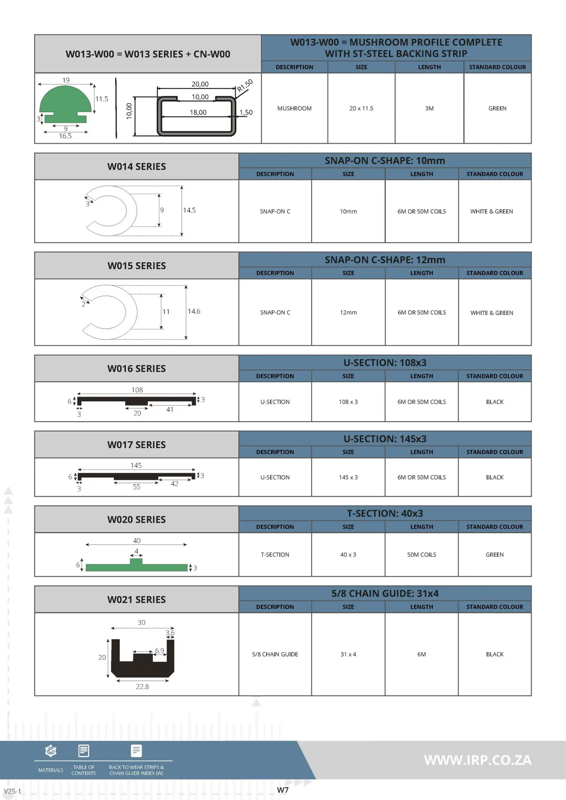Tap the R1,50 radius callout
(x=245, y=85)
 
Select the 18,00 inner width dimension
(x=198, y=112)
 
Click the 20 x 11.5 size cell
(x=361, y=108)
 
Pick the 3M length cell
(x=429, y=108)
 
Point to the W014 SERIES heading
(x=137, y=167)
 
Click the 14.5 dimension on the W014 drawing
(x=189, y=210)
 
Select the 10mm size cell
(x=348, y=212)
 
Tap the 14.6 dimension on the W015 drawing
(x=194, y=311)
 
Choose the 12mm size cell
(x=348, y=312)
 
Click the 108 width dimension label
(x=137, y=390)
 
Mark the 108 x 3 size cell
(x=348, y=402)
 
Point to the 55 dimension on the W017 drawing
(x=137, y=487)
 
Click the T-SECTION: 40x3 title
(x=385, y=513)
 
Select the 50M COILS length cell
(x=422, y=555)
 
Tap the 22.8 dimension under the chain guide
(x=142, y=687)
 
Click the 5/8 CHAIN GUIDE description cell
(x=275, y=654)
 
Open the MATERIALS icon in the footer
(x=51, y=751)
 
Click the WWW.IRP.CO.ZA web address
(x=478, y=760)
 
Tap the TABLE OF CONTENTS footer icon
(x=84, y=751)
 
